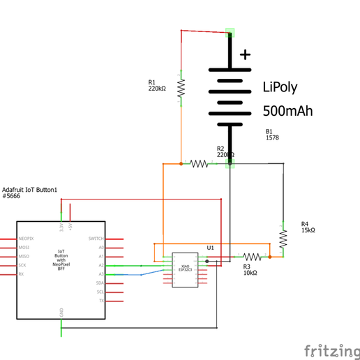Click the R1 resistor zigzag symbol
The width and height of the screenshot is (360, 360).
(x=181, y=88)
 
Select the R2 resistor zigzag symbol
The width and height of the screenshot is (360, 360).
(x=200, y=164)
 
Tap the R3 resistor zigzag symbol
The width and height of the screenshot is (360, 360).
(x=252, y=257)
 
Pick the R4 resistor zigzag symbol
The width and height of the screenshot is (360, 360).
(x=283, y=239)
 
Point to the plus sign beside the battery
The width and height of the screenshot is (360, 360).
(x=245, y=54)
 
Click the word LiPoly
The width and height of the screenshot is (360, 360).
(x=280, y=88)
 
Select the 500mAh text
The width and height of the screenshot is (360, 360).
(x=287, y=112)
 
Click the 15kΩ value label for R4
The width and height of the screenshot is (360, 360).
(x=308, y=230)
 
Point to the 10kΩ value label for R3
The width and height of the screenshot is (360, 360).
(x=250, y=273)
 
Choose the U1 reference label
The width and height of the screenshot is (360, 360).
(x=210, y=248)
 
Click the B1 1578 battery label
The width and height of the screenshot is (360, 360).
(x=271, y=135)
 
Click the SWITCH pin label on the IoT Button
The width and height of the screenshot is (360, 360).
(x=96, y=239)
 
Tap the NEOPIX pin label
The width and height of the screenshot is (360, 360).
(x=27, y=239)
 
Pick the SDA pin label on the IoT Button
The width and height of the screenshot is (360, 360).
(x=100, y=283)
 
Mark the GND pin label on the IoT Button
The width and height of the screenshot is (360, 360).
(x=61, y=311)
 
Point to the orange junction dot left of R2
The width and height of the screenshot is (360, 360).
(x=181, y=164)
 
